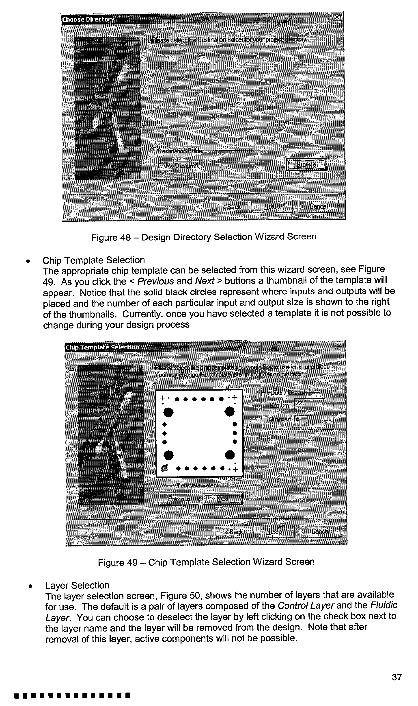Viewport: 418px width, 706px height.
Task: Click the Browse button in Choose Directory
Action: coord(306,164)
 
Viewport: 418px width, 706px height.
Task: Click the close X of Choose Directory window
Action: coord(337,18)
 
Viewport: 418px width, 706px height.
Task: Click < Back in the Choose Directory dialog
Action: coord(232,207)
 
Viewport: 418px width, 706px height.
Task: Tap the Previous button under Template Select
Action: coord(179,499)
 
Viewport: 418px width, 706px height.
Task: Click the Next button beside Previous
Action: coord(222,499)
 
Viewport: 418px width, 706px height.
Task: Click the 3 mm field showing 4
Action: coord(310,420)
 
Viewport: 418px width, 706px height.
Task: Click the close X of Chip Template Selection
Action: coord(339,346)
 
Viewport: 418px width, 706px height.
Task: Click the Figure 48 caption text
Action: coord(204,237)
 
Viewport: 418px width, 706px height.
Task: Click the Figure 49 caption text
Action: coord(206,562)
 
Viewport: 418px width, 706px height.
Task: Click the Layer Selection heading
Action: coord(77,585)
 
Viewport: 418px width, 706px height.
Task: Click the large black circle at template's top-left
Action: coord(168,412)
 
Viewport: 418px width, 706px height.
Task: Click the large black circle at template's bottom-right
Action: coord(230,455)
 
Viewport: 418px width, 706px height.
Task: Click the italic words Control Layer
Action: coord(306,605)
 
